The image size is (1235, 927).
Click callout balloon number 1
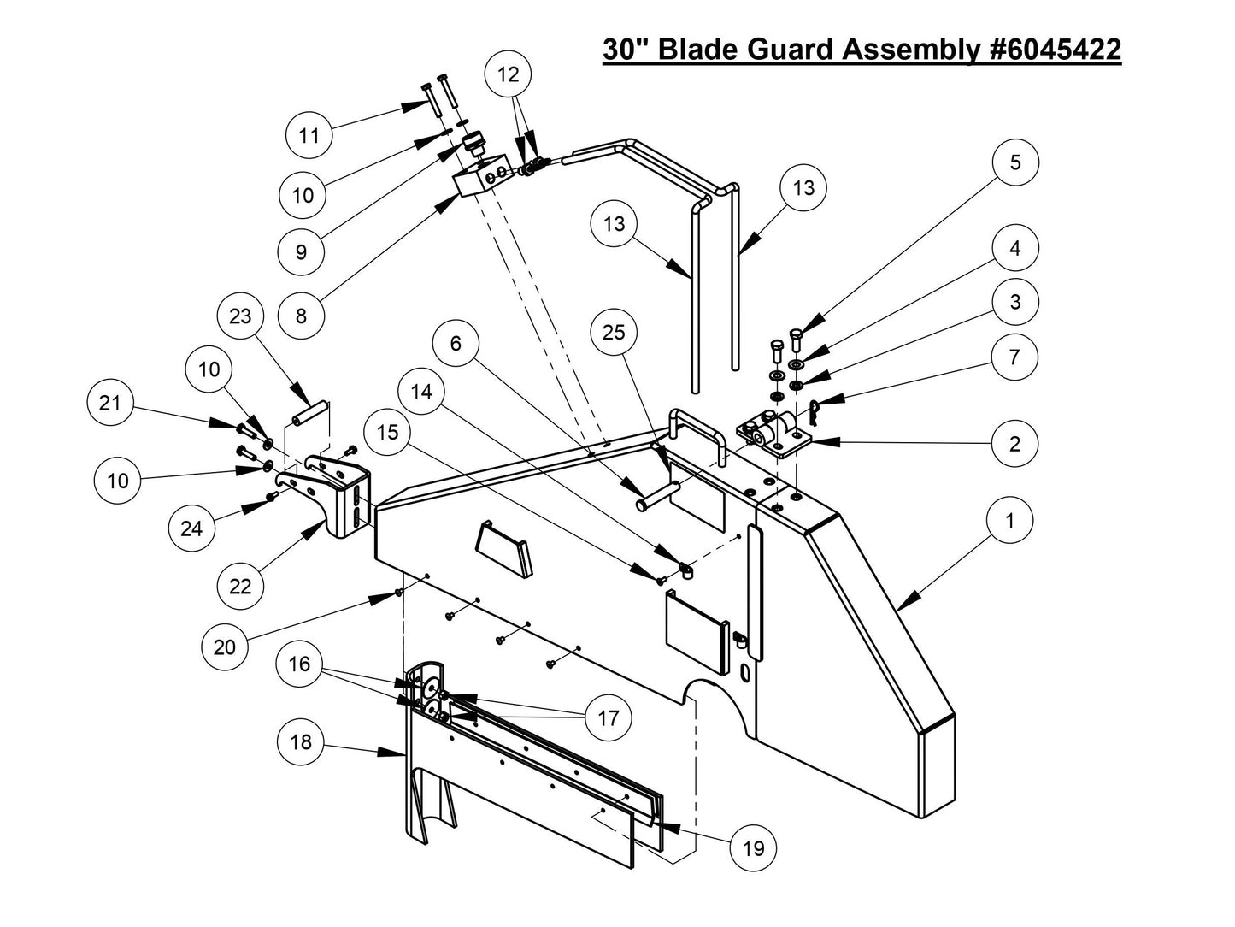pyautogui.click(x=1009, y=520)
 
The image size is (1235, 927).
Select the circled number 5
pyautogui.click(x=1015, y=162)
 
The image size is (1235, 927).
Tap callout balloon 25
pyautogui.click(x=614, y=333)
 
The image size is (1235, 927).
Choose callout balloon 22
pyautogui.click(x=240, y=587)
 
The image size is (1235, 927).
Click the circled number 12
pyautogui.click(x=508, y=74)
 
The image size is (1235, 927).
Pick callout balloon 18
pyautogui.click(x=301, y=741)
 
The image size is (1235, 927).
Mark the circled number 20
pyautogui.click(x=224, y=647)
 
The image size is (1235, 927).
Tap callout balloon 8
pyautogui.click(x=301, y=316)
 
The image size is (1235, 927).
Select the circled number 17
pyautogui.click(x=608, y=717)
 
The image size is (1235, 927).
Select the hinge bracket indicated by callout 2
pyautogui.click(x=772, y=435)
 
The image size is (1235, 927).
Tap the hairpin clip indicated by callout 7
pyautogui.click(x=818, y=412)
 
